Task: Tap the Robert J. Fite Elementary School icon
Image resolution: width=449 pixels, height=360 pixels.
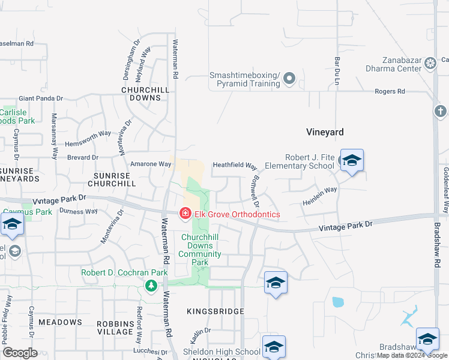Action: pyautogui.click(x=352, y=160)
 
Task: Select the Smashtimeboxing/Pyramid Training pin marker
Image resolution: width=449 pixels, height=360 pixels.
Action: pyautogui.click(x=289, y=79)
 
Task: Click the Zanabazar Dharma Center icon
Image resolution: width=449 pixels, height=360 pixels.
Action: pyautogui.click(x=430, y=63)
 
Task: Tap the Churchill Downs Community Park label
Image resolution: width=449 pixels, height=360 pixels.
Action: pyautogui.click(x=200, y=250)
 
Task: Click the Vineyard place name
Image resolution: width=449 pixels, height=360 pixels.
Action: pyautogui.click(x=325, y=131)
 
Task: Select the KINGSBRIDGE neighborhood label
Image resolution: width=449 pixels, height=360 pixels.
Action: pyautogui.click(x=215, y=311)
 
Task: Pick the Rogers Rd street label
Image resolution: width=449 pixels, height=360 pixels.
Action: pyautogui.click(x=390, y=91)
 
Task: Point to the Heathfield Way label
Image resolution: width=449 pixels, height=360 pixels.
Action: pyautogui.click(x=235, y=166)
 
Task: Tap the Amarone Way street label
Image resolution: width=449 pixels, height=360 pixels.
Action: pyautogui.click(x=151, y=164)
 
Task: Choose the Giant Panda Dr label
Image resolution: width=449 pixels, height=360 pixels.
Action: pyautogui.click(x=41, y=98)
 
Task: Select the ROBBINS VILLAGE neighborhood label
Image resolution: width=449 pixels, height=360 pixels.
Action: pyautogui.click(x=115, y=327)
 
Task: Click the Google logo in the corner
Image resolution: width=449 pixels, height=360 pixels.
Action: pyautogui.click(x=20, y=353)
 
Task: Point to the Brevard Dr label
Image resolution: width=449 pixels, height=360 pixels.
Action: pyautogui.click(x=82, y=157)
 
